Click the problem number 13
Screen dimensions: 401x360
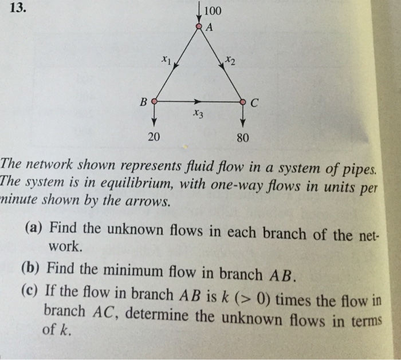pos(18,8)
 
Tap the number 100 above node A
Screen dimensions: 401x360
pos(213,11)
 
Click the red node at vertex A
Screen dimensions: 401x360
pos(199,26)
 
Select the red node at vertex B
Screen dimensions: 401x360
pos(154,101)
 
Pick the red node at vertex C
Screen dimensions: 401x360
pos(243,102)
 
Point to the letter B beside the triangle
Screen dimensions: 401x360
pos(143,102)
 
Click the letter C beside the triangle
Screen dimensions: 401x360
pos(254,103)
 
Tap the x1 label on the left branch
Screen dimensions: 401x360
pos(166,60)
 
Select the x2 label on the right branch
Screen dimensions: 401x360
pos(230,61)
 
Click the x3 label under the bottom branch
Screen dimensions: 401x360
pos(199,114)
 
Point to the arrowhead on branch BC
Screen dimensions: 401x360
pos(198,101)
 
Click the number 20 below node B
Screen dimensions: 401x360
pos(154,137)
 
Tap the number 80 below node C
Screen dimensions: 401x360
pos(242,138)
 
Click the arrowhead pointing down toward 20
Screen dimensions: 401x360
pos(154,122)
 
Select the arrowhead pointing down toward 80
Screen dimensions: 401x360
pos(243,122)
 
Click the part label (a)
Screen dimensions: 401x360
pos(33,227)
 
